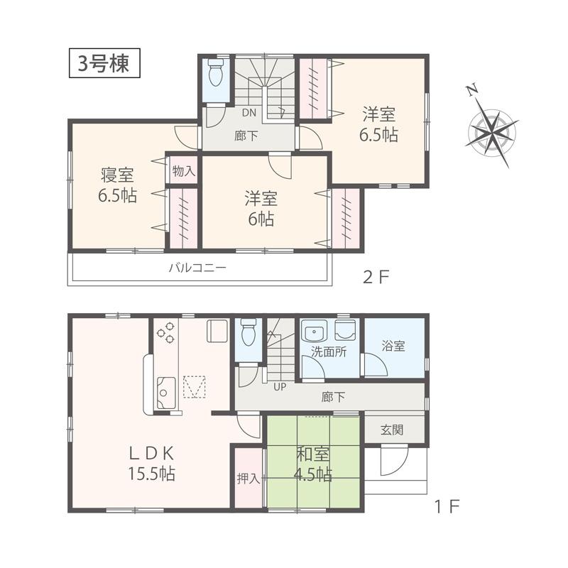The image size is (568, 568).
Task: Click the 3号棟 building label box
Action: pyautogui.click(x=104, y=64)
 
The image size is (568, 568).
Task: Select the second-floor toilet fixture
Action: pyautogui.click(x=217, y=73)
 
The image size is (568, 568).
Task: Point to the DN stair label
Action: pyautogui.click(x=248, y=112)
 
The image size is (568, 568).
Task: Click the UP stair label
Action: pyautogui.click(x=280, y=386)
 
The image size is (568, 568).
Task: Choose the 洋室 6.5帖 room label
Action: pyautogui.click(x=379, y=124)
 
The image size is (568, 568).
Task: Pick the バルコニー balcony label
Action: pyautogui.click(x=197, y=268)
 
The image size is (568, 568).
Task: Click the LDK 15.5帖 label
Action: pyautogui.click(x=152, y=463)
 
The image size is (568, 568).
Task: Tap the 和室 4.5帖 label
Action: pyautogui.click(x=313, y=464)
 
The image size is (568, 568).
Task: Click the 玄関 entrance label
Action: pyautogui.click(x=392, y=430)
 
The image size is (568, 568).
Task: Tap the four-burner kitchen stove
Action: pyautogui.click(x=166, y=333)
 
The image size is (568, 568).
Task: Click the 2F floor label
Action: pyautogui.click(x=377, y=276)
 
